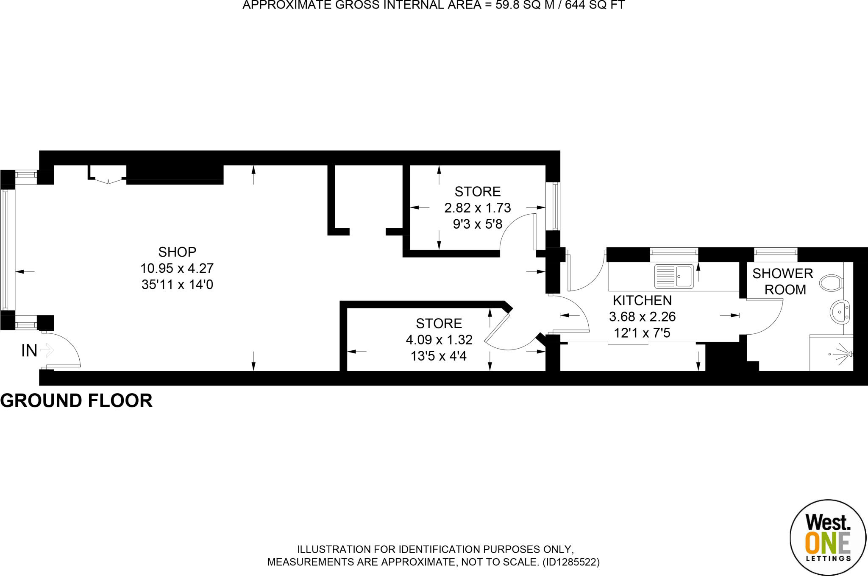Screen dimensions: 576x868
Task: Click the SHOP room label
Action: [x=177, y=252]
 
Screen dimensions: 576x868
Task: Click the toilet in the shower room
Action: [x=831, y=282]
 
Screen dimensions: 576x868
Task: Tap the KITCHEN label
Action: [x=642, y=300]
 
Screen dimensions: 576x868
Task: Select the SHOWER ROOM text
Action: [x=783, y=282]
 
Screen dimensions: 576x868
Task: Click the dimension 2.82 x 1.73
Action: [x=478, y=208]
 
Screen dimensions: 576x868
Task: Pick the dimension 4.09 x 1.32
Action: [x=439, y=340]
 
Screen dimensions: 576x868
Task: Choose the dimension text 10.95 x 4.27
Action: [x=177, y=268]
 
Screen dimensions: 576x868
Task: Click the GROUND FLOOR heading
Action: [x=76, y=401]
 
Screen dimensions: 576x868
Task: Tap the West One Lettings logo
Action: [x=827, y=537]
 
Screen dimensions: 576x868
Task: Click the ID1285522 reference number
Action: [x=570, y=562]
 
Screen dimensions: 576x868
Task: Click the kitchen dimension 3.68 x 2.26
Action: [x=642, y=316]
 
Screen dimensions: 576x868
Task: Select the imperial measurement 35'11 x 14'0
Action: [x=177, y=284]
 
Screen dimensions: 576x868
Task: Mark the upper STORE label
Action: [x=478, y=192]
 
